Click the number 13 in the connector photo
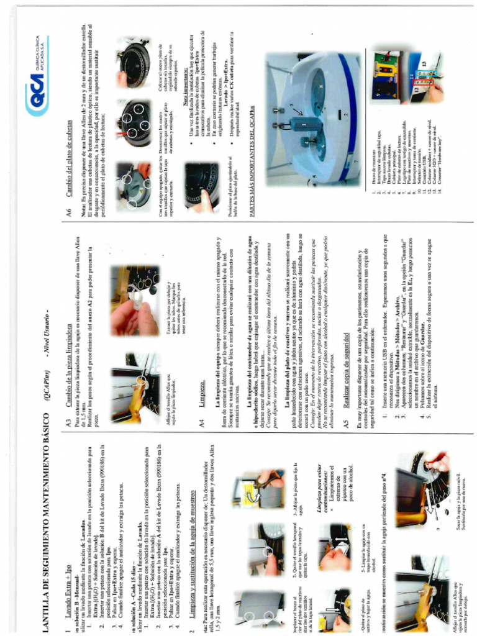424,64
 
